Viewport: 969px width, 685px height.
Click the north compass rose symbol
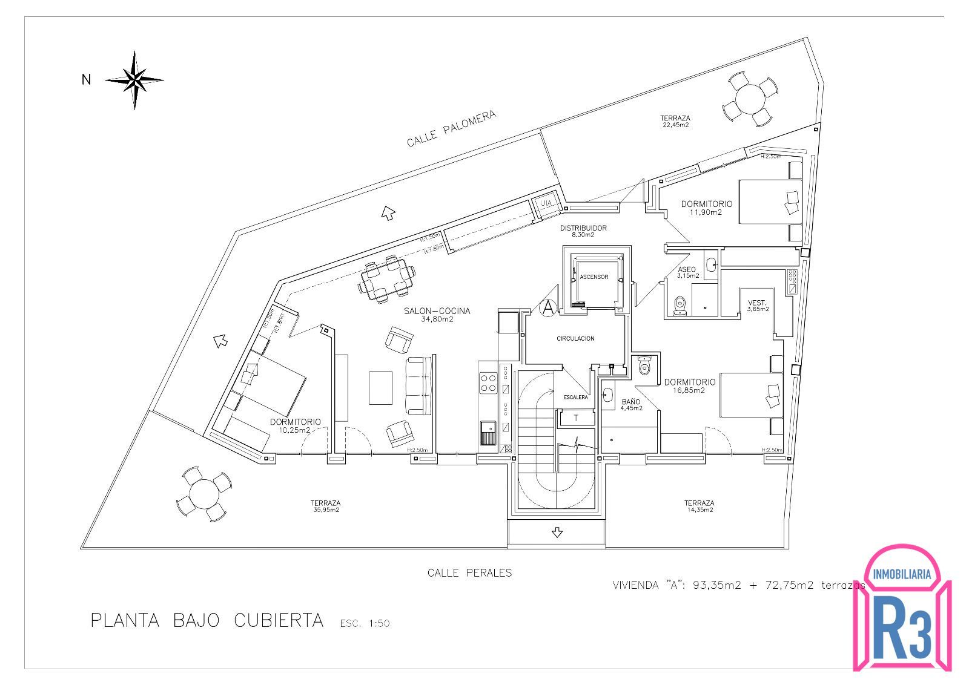pyautogui.click(x=135, y=79)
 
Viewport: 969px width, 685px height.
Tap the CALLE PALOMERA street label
pyautogui.click(x=451, y=129)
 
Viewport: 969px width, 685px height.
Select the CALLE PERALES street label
pyautogui.click(x=469, y=572)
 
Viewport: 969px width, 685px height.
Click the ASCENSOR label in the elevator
pyautogui.click(x=594, y=277)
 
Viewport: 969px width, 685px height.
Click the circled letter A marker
pyautogui.click(x=548, y=308)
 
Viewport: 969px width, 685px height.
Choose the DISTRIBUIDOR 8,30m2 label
pyautogui.click(x=583, y=231)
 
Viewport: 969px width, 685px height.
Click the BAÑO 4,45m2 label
pyautogui.click(x=631, y=404)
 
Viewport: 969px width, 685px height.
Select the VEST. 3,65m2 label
pyautogui.click(x=758, y=306)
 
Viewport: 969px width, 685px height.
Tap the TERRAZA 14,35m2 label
pyautogui.click(x=699, y=506)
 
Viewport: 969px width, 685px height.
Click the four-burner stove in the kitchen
pyautogui.click(x=488, y=382)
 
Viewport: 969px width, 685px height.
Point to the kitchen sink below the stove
pyautogui.click(x=488, y=432)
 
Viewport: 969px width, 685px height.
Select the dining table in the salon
pyautogui.click(x=388, y=279)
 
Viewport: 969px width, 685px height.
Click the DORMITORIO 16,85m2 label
pyautogui.click(x=690, y=385)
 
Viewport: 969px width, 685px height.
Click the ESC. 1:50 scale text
pyautogui.click(x=365, y=623)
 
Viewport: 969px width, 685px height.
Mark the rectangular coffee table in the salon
pyautogui.click(x=380, y=388)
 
